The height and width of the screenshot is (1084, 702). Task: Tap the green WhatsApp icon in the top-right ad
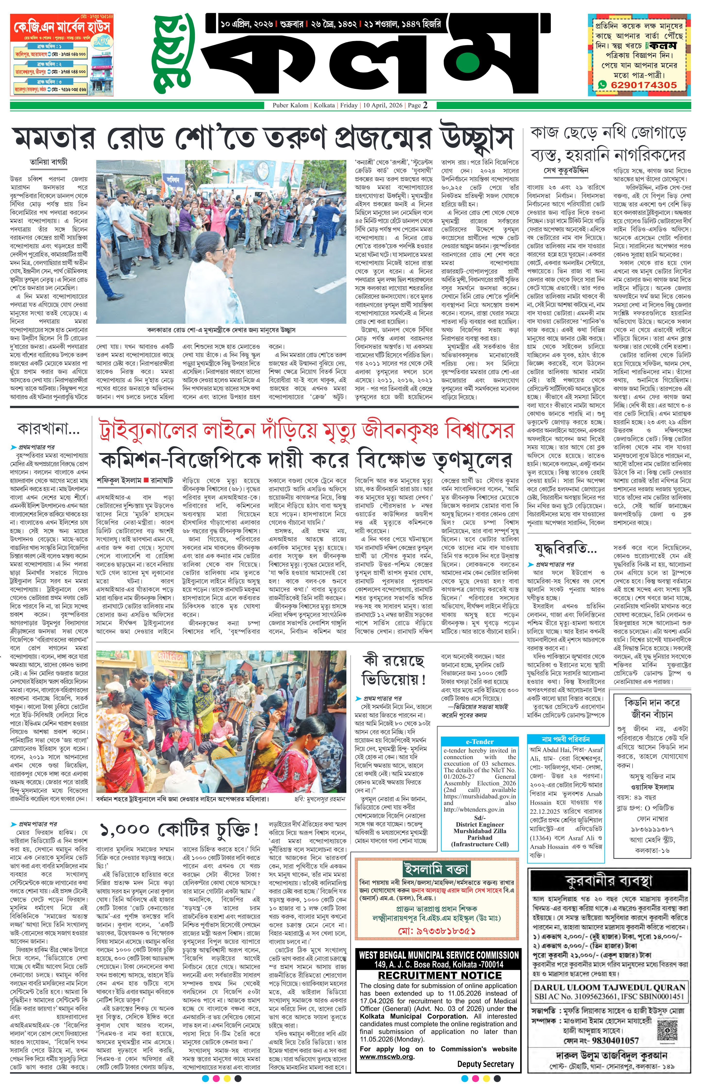coord(603,85)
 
